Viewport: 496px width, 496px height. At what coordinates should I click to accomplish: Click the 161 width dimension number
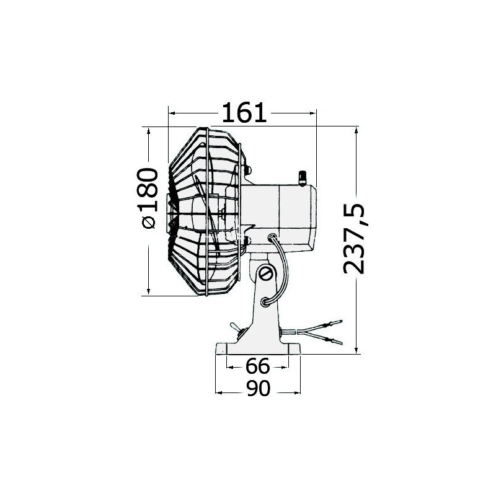click(x=244, y=113)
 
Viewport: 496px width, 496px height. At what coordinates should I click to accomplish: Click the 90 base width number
click(x=257, y=389)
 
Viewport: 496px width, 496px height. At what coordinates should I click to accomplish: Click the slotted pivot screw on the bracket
click(x=267, y=273)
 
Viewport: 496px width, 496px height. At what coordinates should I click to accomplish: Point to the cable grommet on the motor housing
click(x=273, y=236)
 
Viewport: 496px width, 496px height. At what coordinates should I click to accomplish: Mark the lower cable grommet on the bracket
click(x=265, y=302)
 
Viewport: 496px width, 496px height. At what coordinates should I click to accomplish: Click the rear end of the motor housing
click(x=315, y=214)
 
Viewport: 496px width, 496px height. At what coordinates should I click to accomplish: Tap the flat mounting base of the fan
click(x=257, y=350)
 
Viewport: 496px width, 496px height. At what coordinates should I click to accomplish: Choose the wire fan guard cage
click(x=205, y=211)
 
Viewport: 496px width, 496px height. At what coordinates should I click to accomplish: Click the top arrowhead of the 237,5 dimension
click(x=358, y=130)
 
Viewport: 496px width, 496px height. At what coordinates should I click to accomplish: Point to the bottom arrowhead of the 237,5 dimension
click(x=358, y=351)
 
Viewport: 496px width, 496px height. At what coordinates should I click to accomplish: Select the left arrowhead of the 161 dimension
click(x=172, y=113)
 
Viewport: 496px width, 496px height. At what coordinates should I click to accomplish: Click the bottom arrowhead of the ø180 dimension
click(x=149, y=292)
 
